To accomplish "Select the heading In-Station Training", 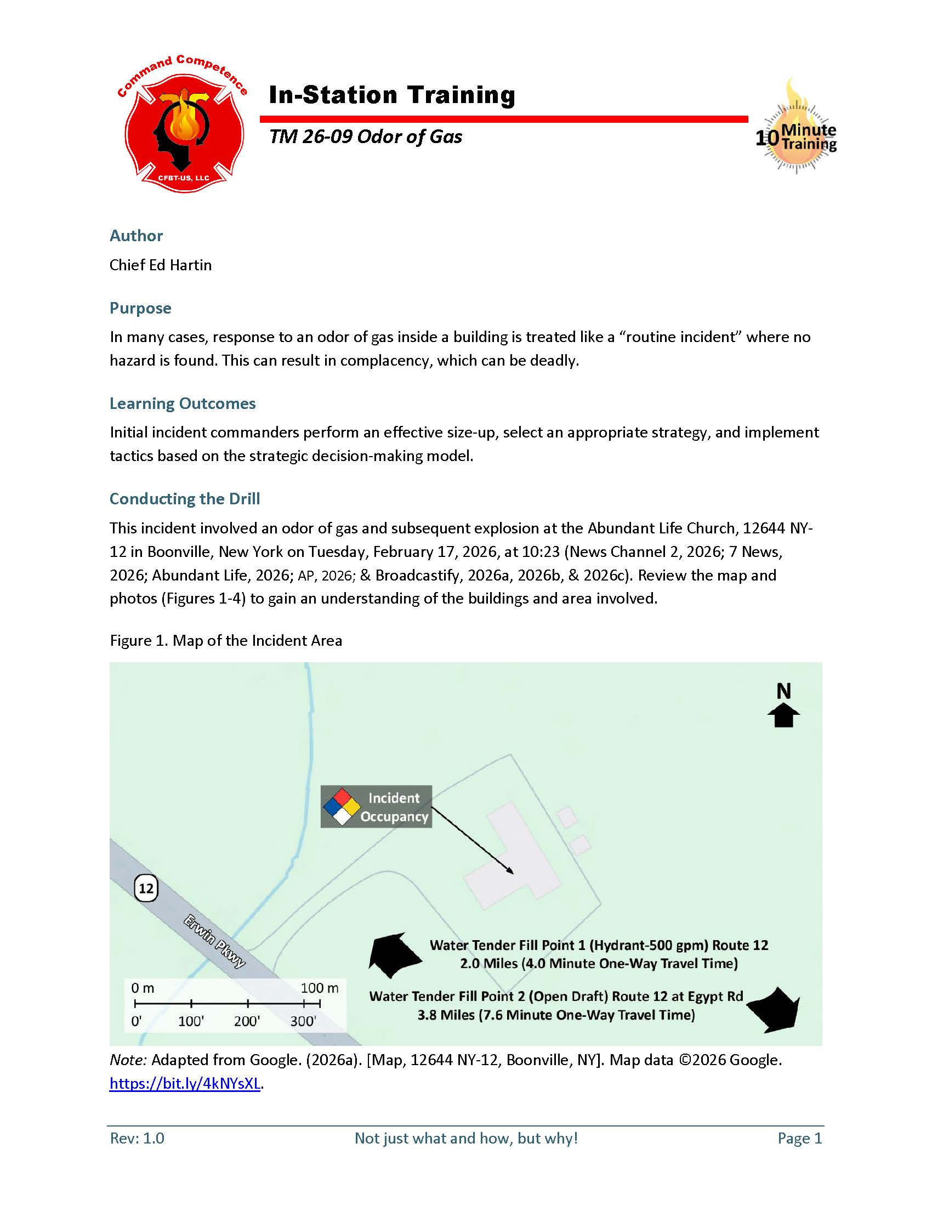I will coord(391,95).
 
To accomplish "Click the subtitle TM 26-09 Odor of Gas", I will coord(366,136).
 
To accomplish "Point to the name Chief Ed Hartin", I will coord(160,265).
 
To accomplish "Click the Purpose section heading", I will coord(140,308).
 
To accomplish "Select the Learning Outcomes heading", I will coord(182,403).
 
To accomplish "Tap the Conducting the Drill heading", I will coord(184,499).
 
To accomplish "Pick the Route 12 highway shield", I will coord(146,888).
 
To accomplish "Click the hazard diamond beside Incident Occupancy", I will coord(342,807).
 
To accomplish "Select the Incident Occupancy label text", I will coord(394,807).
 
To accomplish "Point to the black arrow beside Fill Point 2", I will coord(774,1009).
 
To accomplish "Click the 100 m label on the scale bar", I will coord(319,988).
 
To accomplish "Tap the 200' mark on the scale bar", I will coord(247,1021).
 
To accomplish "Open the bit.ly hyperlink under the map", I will coord(185,1083).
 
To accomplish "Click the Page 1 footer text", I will coord(799,1138).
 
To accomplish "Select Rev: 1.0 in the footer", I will coord(137,1138).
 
